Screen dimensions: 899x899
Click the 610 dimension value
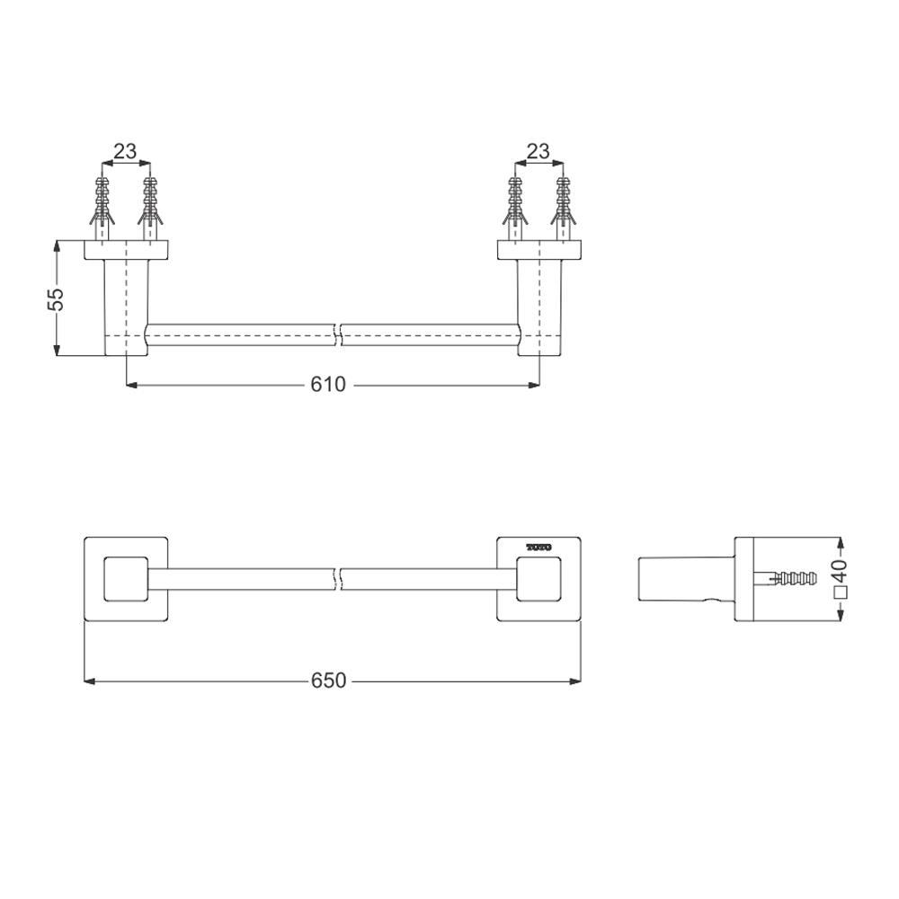328,385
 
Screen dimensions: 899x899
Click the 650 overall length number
328,681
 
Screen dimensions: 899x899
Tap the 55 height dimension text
57,298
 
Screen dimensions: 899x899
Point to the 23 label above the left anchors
125,151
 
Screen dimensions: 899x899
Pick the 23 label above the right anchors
538,151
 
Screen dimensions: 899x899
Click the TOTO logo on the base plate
539,547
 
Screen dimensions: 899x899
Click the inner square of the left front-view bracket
125,579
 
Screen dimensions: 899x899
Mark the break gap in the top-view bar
340,334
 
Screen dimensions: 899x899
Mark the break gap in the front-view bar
340,579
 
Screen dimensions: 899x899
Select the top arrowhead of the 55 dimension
57,245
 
